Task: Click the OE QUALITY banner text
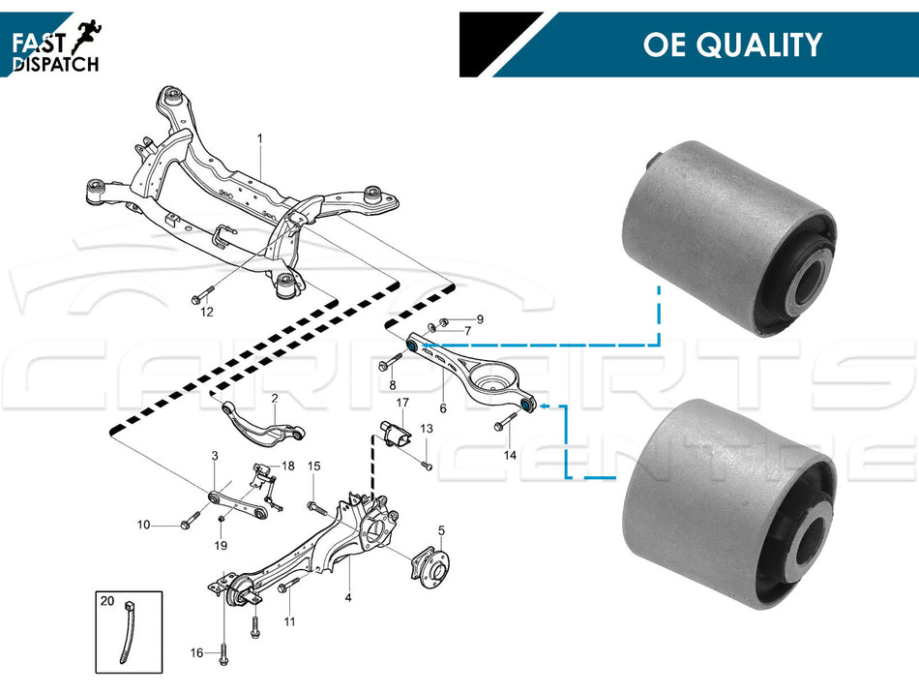pos(731,45)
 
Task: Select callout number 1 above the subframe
pos(259,138)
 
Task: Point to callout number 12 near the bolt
pos(206,313)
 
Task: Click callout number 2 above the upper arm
pos(274,398)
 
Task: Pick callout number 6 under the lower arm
pos(443,408)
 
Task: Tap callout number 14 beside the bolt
pos(510,454)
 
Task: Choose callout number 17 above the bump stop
pos(402,402)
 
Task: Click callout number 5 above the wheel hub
pos(441,529)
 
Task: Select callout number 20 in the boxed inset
pos(106,601)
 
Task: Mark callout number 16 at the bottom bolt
pos(196,653)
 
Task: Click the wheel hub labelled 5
pos(423,568)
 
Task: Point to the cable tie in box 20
pos(127,634)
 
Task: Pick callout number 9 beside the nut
pos(479,319)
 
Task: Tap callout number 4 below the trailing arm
pos(347,597)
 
